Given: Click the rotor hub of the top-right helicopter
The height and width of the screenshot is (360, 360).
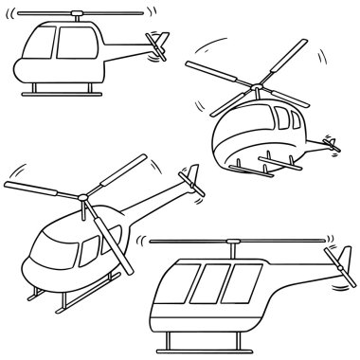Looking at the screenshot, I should click(256, 92).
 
